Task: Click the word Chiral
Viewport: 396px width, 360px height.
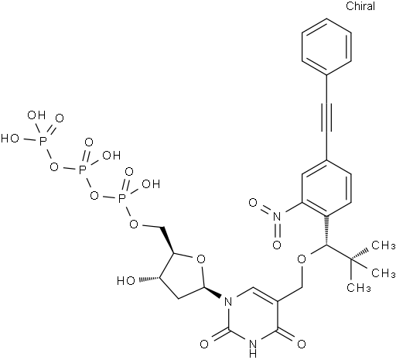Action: (x=360, y=5)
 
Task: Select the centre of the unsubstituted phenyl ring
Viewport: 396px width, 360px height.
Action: (x=326, y=47)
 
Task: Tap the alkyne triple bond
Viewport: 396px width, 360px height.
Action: (x=326, y=118)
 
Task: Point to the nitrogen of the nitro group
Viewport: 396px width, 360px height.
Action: (x=277, y=216)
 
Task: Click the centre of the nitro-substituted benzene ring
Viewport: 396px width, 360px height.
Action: (x=326, y=188)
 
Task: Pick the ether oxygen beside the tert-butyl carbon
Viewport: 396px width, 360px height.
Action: (x=302, y=259)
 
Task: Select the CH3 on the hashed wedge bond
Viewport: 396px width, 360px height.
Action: (x=383, y=245)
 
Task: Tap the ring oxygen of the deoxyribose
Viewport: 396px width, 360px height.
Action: (x=201, y=259)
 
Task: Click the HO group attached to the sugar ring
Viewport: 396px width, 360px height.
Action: (x=126, y=280)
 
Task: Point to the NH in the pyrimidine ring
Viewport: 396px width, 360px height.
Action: (x=253, y=348)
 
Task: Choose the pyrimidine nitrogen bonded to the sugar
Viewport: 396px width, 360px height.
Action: (x=228, y=301)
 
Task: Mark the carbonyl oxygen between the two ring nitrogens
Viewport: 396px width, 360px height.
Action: (x=204, y=344)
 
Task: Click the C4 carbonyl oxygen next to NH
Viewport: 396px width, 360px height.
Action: (x=302, y=344)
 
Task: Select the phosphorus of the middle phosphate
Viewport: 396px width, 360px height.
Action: (x=83, y=170)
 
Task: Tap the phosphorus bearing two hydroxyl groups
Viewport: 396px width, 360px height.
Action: (x=43, y=140)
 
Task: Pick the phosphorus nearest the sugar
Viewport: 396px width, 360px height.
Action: (x=122, y=198)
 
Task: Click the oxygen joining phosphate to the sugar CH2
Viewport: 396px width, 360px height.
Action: (x=135, y=224)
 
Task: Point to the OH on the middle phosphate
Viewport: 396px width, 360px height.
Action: (x=111, y=156)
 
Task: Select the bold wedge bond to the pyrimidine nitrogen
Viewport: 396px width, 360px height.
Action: (x=213, y=291)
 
